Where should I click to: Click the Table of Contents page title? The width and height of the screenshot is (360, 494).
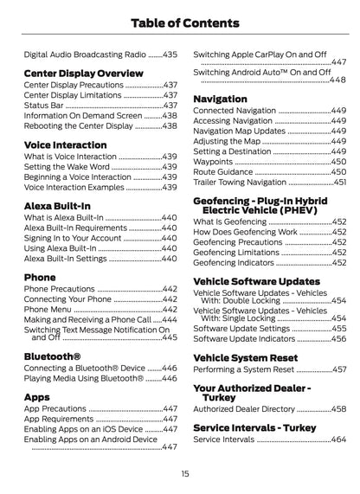pyautogui.click(x=179, y=21)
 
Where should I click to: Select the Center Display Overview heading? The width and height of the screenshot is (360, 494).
pyautogui.click(x=83, y=74)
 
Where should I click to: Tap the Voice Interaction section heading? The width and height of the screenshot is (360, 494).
pyautogui.click(x=66, y=144)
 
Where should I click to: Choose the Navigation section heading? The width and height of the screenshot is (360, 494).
pyautogui.click(x=220, y=99)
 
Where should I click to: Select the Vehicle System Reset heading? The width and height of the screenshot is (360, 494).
pyautogui.click(x=245, y=357)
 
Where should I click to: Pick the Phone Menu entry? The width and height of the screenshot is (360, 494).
pyautogui.click(x=48, y=309)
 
